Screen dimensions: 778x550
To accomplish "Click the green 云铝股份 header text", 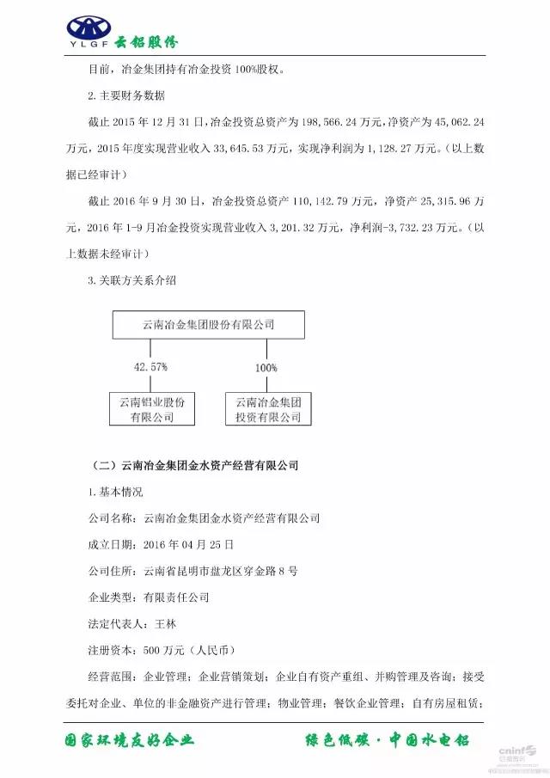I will [x=146, y=39].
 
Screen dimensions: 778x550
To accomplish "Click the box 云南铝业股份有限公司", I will [x=152, y=409].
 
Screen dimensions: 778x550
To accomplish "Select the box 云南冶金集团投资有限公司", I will [x=267, y=409].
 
